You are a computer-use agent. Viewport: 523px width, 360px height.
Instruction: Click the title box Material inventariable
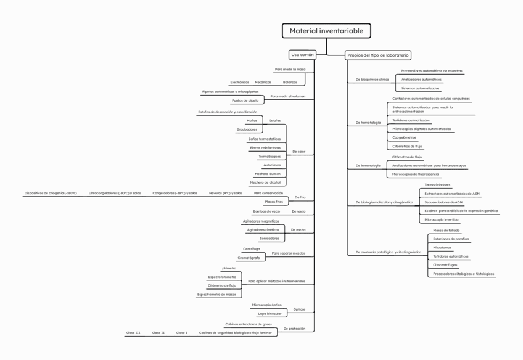(x=326, y=31)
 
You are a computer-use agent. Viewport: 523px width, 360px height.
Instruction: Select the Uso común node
(x=302, y=54)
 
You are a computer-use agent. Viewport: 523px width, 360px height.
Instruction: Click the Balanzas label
(x=290, y=82)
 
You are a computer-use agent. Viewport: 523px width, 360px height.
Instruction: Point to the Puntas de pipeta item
(x=245, y=100)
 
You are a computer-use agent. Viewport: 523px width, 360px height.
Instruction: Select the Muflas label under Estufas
(x=252, y=120)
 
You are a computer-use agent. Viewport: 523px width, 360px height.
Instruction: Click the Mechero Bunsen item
(x=268, y=174)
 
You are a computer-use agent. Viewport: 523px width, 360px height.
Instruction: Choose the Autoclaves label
(x=272, y=165)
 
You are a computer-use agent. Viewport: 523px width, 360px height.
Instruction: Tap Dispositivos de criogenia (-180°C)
(x=51, y=193)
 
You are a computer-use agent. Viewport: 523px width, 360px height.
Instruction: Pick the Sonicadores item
(x=269, y=238)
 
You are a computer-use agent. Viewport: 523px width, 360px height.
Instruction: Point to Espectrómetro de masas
(x=216, y=294)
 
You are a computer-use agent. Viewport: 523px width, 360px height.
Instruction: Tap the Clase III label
(x=133, y=333)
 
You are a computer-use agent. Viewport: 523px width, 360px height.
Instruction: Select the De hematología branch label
(x=368, y=123)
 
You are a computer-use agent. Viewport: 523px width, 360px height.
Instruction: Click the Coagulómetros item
(x=404, y=137)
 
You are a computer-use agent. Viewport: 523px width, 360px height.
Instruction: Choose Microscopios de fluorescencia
(x=416, y=174)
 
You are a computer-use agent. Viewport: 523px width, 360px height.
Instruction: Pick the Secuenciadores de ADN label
(x=443, y=202)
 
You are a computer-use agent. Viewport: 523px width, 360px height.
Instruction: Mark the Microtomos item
(x=442, y=247)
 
